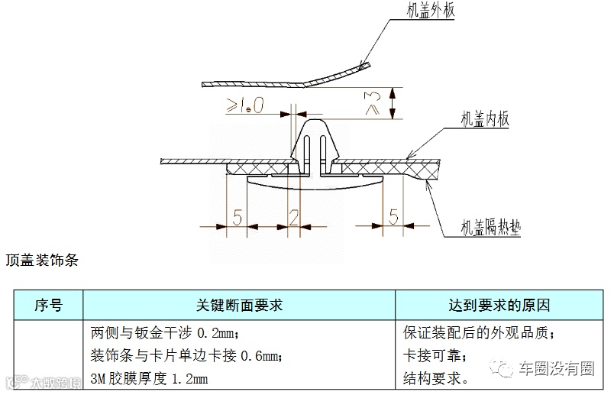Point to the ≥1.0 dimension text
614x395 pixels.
click(x=245, y=106)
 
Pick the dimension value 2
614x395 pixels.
click(x=294, y=218)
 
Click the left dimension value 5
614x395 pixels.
click(x=237, y=218)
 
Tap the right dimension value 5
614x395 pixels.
click(x=393, y=218)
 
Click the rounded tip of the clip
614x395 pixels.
click(x=314, y=123)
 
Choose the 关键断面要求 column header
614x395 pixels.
click(x=239, y=305)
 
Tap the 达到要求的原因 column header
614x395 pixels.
click(x=499, y=305)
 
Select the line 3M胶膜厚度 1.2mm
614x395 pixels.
click(x=149, y=377)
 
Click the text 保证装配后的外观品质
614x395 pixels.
click(x=478, y=334)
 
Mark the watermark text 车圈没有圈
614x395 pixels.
click(x=560, y=370)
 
